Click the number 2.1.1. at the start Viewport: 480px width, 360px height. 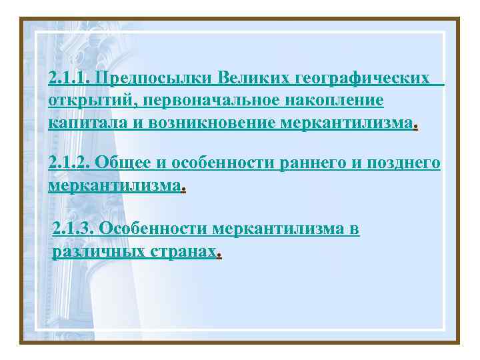(70, 79)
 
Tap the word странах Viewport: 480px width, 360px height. (185, 252)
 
